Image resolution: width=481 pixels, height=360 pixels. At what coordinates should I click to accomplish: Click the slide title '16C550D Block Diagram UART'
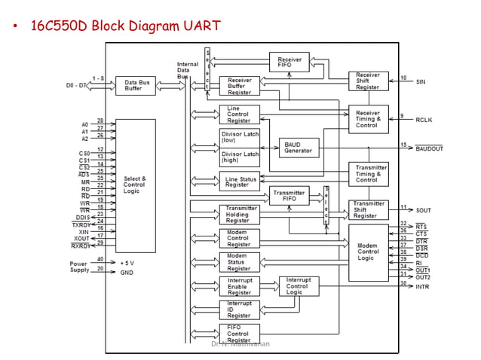coord(125,26)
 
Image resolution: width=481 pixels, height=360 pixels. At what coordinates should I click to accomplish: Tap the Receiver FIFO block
coord(290,62)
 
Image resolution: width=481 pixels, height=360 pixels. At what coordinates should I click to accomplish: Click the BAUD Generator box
coord(299,148)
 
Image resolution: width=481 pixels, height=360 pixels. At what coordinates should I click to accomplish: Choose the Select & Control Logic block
coord(135,185)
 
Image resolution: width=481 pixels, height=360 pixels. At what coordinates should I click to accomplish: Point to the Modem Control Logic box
coord(368,252)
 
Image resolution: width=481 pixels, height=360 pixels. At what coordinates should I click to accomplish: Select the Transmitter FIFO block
coord(290,196)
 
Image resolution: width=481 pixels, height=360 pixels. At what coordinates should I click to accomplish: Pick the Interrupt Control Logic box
coord(299,285)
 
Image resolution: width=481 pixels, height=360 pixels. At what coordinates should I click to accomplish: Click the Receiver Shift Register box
coord(368,81)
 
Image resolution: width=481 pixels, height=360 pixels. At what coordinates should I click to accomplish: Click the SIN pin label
coord(421,81)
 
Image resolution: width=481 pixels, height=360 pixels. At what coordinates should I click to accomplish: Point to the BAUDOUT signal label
coord(429,148)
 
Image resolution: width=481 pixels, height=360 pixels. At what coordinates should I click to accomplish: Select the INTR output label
coord(422,287)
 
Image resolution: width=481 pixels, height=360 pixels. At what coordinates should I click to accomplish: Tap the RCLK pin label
coord(424,119)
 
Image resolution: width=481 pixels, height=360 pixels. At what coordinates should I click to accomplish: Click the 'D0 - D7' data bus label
coord(76,86)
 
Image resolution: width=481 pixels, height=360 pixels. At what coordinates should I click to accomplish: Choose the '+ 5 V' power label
coord(127,262)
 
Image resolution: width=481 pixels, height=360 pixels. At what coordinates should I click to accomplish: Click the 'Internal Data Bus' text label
coord(188,71)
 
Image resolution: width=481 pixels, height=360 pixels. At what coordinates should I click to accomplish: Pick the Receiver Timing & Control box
coord(368,119)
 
